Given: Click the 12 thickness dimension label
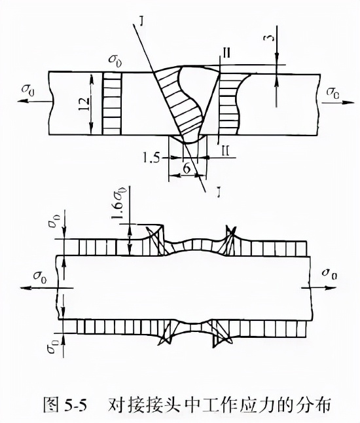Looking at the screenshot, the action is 84,104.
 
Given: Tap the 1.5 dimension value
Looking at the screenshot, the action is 152,158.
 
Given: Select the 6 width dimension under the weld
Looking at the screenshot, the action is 187,169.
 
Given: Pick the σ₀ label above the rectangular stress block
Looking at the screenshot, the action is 115,59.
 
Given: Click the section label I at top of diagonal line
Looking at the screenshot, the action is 142,20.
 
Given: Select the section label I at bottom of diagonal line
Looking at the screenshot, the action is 220,193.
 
